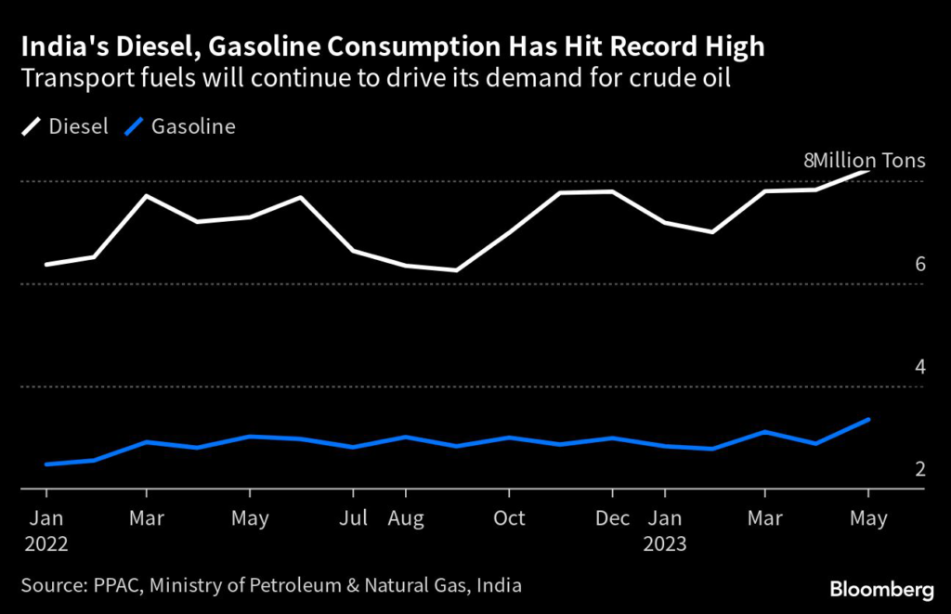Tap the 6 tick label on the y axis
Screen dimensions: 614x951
pyautogui.click(x=920, y=264)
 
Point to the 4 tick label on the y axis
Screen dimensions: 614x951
pyautogui.click(x=920, y=366)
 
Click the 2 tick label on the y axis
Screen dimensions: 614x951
pyautogui.click(x=920, y=469)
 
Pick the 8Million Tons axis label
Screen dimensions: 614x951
pyautogui.click(x=864, y=160)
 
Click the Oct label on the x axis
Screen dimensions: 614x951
pyautogui.click(x=509, y=518)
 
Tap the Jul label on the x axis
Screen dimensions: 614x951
pyautogui.click(x=353, y=518)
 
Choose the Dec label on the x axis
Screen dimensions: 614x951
pyautogui.click(x=612, y=518)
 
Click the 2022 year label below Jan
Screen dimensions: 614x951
pyautogui.click(x=46, y=544)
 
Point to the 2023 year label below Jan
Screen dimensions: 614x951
pyautogui.click(x=666, y=544)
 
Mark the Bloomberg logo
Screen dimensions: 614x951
pyautogui.click(x=882, y=588)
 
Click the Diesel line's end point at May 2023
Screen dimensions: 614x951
pyautogui.click(x=867, y=171)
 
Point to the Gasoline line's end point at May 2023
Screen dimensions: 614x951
pyautogui.click(x=867, y=420)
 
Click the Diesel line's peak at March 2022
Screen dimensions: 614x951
pyautogui.click(x=146, y=196)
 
